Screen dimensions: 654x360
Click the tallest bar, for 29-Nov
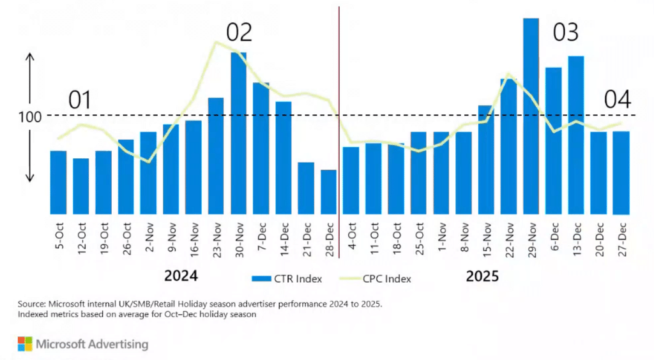click(531, 116)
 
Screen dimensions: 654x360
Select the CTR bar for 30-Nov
click(239, 133)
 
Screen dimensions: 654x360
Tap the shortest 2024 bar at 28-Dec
click(329, 192)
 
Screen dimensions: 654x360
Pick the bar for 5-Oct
click(58, 183)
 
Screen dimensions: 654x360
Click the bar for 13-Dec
click(576, 135)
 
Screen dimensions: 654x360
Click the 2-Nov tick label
click(149, 237)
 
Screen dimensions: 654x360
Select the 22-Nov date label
click(509, 240)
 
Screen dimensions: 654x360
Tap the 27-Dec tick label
click(622, 239)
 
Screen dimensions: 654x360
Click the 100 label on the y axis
click(30, 117)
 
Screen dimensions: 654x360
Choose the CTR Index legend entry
click(287, 279)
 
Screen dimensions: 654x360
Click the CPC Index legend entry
click(376, 279)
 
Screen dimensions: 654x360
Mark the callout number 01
click(80, 100)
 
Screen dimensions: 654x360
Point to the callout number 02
click(239, 33)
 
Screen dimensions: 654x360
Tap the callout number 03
click(566, 33)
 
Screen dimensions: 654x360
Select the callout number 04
click(618, 100)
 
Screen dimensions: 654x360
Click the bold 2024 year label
click(181, 276)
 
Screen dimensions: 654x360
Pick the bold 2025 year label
click(482, 276)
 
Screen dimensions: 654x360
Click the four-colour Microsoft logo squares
click(25, 344)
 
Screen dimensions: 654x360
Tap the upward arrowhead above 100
click(30, 57)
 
